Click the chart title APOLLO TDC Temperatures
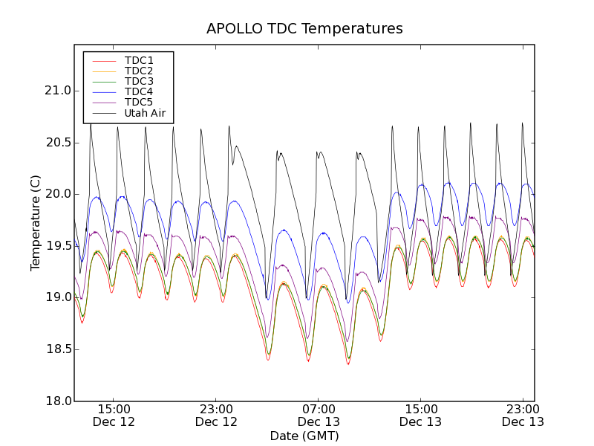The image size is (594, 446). click(x=304, y=29)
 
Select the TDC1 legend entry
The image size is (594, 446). click(x=139, y=61)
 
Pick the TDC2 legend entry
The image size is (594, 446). click(x=139, y=71)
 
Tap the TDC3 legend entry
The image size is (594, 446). click(x=139, y=82)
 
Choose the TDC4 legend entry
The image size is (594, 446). click(x=139, y=92)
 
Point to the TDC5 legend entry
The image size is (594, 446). click(x=139, y=103)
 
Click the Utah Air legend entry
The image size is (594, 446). click(x=145, y=114)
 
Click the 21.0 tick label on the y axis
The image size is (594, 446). click(x=56, y=91)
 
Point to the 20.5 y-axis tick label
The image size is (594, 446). click(x=56, y=143)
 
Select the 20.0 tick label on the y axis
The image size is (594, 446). click(x=56, y=194)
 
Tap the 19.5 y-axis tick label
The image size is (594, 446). click(x=56, y=246)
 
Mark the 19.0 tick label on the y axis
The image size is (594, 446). click(x=56, y=297)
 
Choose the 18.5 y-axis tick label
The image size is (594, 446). click(x=56, y=349)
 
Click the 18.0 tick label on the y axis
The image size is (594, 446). click(x=56, y=401)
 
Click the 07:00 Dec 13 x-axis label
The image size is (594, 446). click(x=319, y=416)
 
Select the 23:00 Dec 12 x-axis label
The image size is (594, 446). click(x=216, y=416)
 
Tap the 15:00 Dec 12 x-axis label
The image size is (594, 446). click(x=114, y=416)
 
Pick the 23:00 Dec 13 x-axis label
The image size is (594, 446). click(x=523, y=416)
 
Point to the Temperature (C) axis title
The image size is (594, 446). click(x=36, y=223)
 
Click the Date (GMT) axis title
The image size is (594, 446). click(x=304, y=436)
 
